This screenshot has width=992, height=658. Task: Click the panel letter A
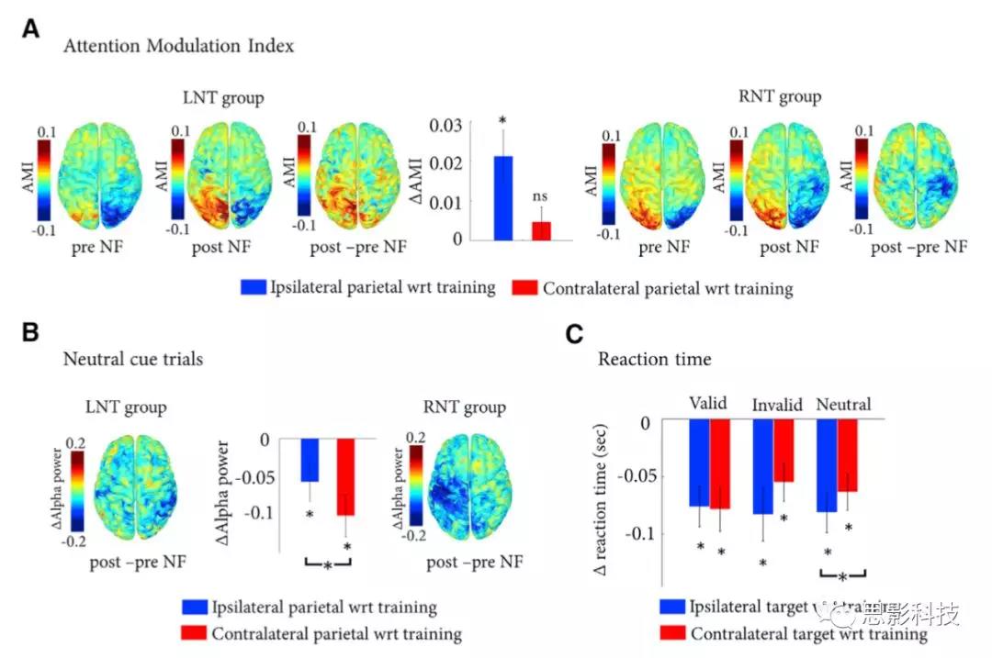click(31, 29)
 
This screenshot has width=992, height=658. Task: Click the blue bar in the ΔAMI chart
click(502, 198)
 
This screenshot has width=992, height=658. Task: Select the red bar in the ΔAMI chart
click(542, 230)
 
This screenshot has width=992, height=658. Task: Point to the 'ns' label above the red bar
click(542, 196)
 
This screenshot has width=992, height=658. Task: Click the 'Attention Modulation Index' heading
click(179, 46)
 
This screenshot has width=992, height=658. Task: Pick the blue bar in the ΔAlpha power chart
click(310, 460)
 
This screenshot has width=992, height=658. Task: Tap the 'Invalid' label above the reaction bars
click(778, 405)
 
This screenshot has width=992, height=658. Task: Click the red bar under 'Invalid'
click(783, 451)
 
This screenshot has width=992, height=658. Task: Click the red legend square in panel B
click(195, 633)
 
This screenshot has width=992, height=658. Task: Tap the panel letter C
click(576, 333)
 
